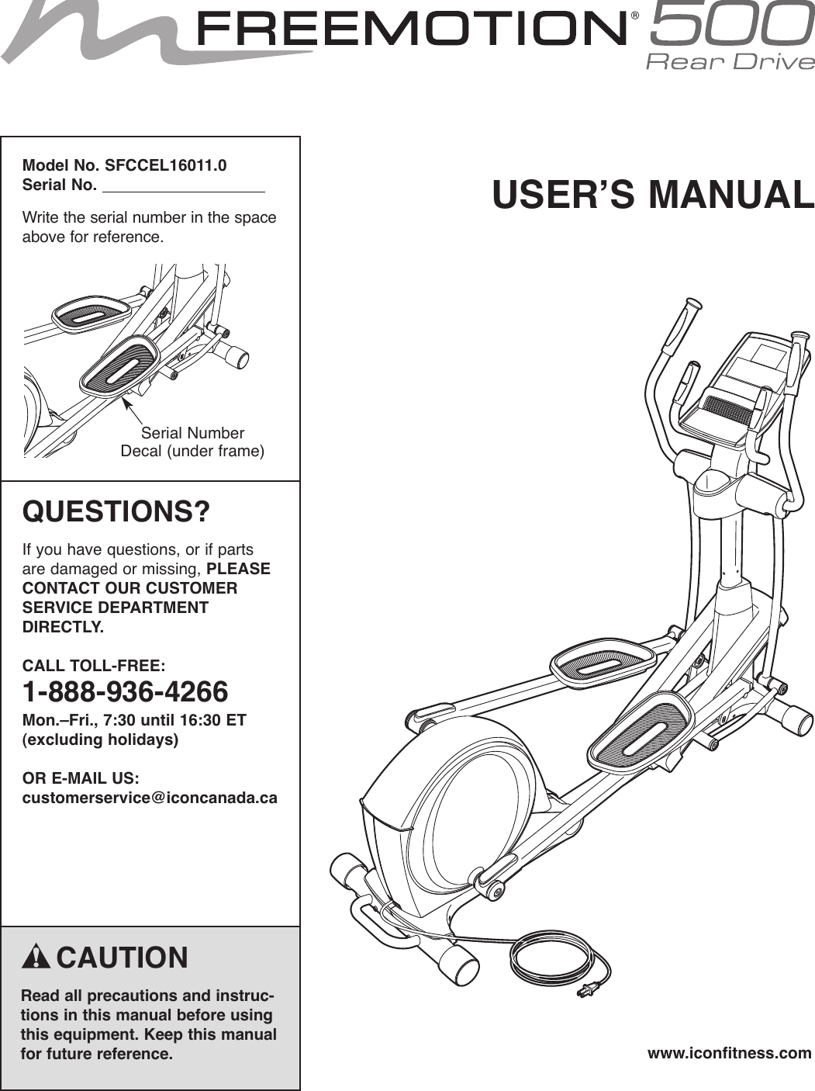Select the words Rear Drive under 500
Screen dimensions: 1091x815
pos(730,61)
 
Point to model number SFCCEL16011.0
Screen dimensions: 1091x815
pos(166,165)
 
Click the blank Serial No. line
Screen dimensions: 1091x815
pos(184,186)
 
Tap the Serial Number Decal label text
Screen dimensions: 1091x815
pos(192,442)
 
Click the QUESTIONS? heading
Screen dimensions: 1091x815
pos(116,512)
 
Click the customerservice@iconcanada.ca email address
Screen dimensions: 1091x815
pos(150,798)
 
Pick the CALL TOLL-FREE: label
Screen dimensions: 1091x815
pos(94,666)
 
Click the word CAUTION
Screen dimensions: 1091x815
pos(123,958)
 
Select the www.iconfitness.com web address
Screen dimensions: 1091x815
pos(729,1053)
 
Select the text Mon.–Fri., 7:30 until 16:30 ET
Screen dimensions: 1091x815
pos(134,720)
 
